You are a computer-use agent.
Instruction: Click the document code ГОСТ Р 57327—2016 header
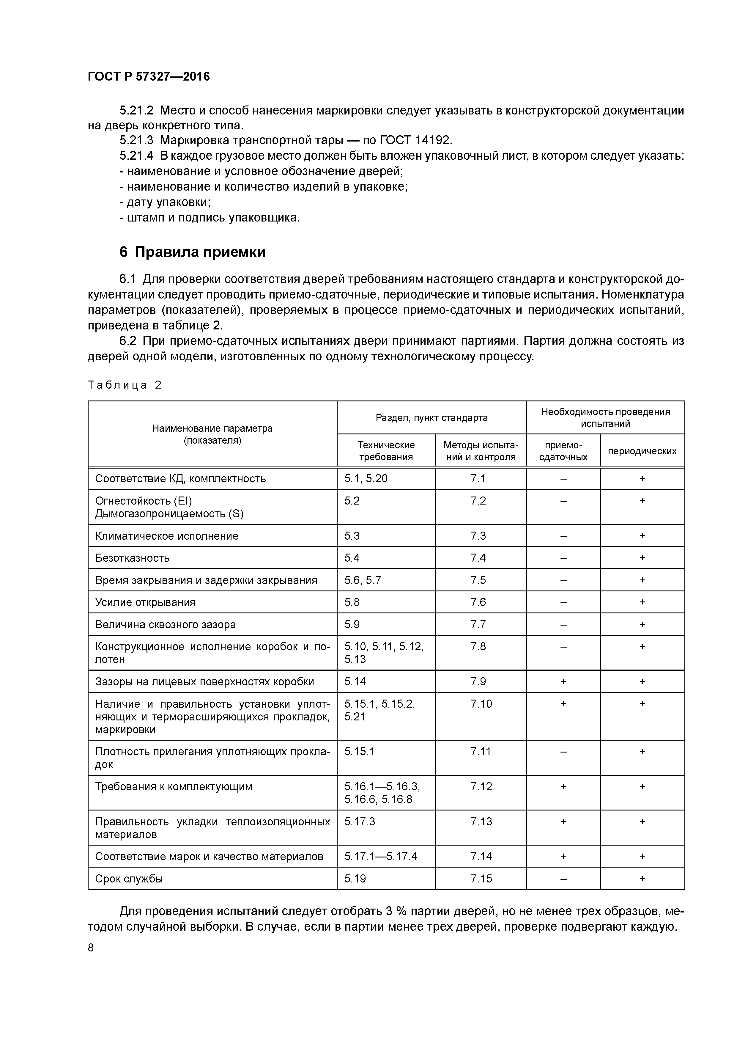(149, 76)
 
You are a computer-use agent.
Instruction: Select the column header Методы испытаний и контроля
(481, 451)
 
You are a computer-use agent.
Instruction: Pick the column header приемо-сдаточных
(563, 451)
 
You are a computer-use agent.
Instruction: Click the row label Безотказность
(132, 558)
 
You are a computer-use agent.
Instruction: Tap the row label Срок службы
(129, 879)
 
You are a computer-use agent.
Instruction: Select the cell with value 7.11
(481, 751)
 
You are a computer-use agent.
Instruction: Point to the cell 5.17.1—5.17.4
(380, 856)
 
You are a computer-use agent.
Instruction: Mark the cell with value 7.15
(481, 879)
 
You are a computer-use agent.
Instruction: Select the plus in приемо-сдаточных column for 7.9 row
(563, 681)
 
